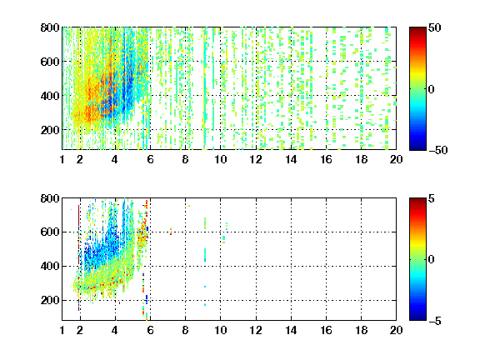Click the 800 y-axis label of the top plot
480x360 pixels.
[50, 27]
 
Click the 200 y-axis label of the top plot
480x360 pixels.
[50, 130]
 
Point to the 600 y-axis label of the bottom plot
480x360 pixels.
[50, 232]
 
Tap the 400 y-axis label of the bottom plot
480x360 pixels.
[50, 267]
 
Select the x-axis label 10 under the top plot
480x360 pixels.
[220, 159]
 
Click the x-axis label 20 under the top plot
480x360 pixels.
[396, 159]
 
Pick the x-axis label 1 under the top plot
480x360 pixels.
[62, 159]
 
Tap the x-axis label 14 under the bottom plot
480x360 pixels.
[291, 330]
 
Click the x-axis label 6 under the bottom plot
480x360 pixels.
[150, 330]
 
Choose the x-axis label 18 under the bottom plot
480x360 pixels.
[361, 330]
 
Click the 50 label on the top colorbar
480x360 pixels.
[435, 27]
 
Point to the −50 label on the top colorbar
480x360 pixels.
[438, 150]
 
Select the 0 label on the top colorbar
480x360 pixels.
[432, 89]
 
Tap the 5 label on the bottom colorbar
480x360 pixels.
[432, 198]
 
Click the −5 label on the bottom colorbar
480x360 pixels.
[435, 321]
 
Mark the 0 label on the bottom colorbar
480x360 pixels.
[432, 260]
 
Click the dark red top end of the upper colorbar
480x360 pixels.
[417, 29]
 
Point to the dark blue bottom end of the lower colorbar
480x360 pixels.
[417, 318]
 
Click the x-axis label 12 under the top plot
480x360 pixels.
[256, 159]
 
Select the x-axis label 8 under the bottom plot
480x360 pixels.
[185, 330]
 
